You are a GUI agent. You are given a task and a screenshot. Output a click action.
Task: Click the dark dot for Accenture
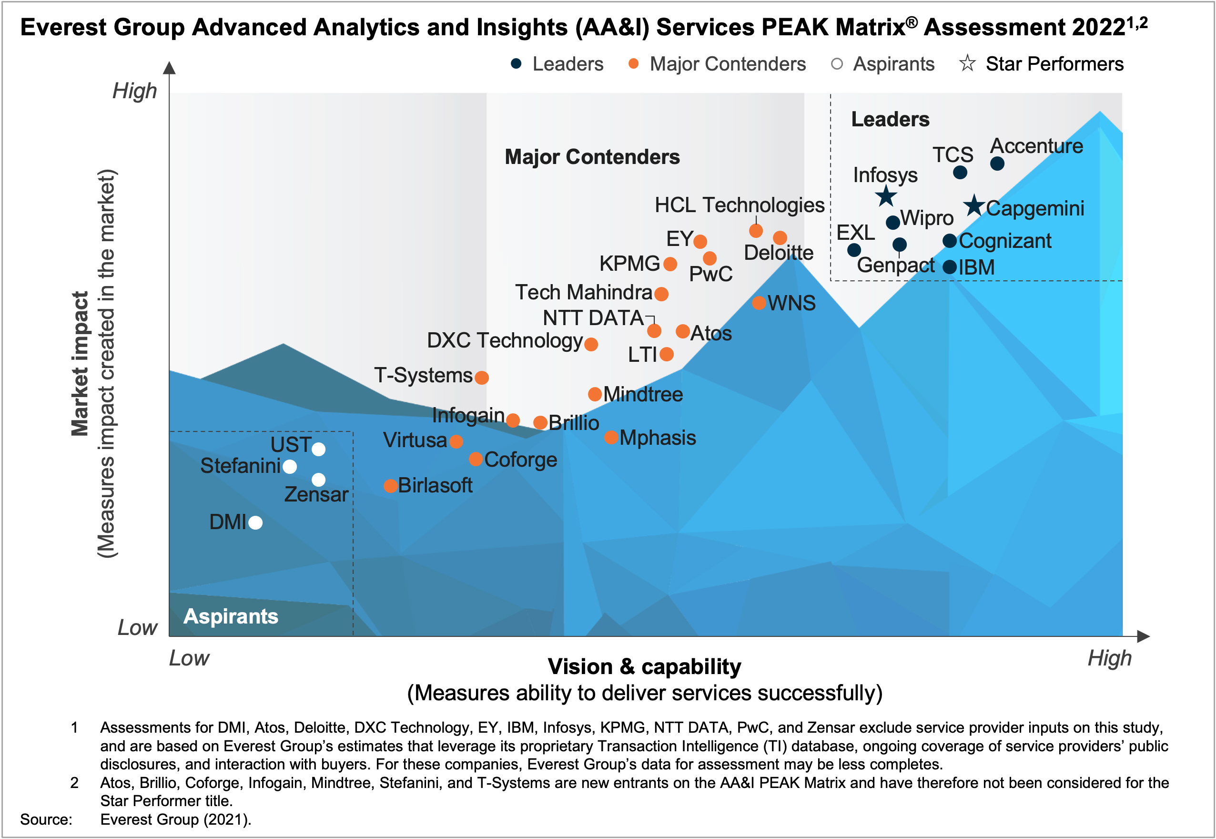[997, 164]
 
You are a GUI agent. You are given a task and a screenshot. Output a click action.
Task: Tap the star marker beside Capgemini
[974, 205]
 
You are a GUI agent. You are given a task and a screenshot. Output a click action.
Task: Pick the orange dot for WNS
[758, 303]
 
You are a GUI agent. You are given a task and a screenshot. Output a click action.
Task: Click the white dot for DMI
[255, 522]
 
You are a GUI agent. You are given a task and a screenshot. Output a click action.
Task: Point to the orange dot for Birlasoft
[390, 486]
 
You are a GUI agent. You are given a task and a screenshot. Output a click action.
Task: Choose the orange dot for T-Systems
[481, 377]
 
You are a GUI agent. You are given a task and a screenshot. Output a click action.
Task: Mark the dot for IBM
[949, 267]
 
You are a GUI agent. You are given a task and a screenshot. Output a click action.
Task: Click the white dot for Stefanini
[290, 466]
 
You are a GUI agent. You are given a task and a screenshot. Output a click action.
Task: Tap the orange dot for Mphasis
[611, 437]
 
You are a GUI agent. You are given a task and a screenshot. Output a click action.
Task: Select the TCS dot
[960, 173]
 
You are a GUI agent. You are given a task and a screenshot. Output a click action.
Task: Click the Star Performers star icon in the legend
[967, 63]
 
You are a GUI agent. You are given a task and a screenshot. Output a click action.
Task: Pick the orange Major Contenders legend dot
[633, 63]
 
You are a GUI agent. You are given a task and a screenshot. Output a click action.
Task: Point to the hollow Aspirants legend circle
[837, 63]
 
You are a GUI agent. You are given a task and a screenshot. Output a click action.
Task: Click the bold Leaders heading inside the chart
[890, 119]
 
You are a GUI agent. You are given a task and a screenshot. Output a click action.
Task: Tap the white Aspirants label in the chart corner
[231, 616]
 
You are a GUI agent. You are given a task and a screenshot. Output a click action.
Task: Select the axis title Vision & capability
[644, 666]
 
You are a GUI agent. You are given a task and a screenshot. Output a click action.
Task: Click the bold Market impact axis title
[80, 364]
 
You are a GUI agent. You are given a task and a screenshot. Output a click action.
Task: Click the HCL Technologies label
[739, 205]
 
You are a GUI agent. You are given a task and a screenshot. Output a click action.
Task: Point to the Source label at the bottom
[46, 819]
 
